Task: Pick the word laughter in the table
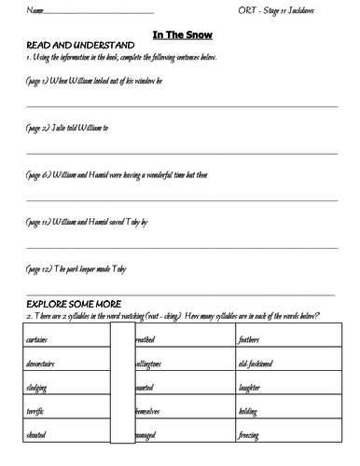(x=252, y=385)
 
